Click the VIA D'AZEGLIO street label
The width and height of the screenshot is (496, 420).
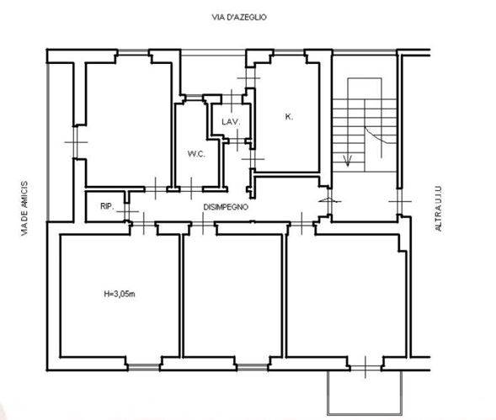[239, 17]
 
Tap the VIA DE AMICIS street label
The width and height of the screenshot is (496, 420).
[24, 209]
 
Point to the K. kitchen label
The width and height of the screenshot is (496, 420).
[289, 117]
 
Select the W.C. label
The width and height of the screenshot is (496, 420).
[196, 154]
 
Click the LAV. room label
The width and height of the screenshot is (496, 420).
[231, 122]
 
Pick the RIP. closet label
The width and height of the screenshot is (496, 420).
[107, 206]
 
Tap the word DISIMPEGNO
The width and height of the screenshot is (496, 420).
[226, 207]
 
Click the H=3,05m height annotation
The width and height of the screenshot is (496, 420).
[120, 294]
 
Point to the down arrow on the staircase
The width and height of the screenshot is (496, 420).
[348, 160]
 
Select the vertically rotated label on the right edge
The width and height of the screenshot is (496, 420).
[438, 209]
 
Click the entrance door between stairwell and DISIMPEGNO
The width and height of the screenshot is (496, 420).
[329, 201]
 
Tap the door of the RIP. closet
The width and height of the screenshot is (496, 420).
[127, 211]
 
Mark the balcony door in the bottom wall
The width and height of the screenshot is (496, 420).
[365, 368]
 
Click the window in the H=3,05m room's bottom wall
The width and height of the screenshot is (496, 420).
[144, 367]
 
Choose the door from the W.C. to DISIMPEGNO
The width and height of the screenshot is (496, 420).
[191, 189]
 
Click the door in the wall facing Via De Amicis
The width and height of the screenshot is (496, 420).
[76, 142]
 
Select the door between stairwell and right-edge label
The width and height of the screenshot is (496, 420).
[400, 201]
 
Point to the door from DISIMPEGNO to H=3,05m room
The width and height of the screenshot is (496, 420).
[144, 224]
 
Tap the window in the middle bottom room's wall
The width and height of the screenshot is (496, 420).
[253, 367]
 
